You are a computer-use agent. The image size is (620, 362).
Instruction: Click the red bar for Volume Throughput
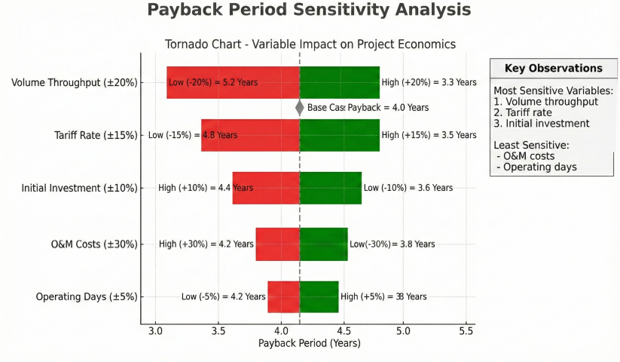[x=233, y=82]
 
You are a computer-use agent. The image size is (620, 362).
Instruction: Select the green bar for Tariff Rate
[x=339, y=135]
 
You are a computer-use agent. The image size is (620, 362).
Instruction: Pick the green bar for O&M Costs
[x=323, y=244]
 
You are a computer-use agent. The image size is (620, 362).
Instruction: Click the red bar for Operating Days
[x=283, y=296]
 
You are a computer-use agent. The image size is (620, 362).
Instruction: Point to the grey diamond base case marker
[x=300, y=108]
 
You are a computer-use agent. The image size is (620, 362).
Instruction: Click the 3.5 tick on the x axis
[x=218, y=330]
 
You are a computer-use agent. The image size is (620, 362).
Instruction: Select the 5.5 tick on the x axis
[x=466, y=330]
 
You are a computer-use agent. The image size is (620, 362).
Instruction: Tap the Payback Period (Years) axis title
[x=310, y=343]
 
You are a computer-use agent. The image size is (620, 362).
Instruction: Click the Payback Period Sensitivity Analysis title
[x=309, y=11]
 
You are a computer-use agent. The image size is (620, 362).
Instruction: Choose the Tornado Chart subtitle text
[x=310, y=44]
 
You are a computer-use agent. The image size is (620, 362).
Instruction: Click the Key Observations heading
[x=553, y=69]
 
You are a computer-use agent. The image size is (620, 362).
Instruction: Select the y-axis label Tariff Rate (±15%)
[x=96, y=136]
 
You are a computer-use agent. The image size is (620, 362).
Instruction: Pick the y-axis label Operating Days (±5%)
[x=87, y=297]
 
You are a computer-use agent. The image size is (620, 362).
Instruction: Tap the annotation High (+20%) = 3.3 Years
[x=429, y=82]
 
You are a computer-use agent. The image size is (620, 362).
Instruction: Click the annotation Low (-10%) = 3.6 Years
[x=408, y=188]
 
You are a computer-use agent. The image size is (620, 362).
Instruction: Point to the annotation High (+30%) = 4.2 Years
[x=206, y=244]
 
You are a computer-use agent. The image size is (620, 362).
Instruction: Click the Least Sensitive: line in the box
[x=525, y=144]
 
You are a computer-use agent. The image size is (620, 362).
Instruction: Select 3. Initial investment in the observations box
[x=541, y=124]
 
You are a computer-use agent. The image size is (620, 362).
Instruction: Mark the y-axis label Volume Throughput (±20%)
[x=75, y=82]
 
